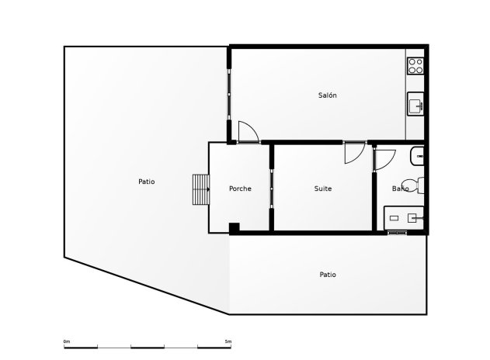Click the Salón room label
(327, 95)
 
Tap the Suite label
(323, 189)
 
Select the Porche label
(240, 189)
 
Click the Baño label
(401, 189)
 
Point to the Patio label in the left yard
(146, 182)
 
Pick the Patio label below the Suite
(328, 274)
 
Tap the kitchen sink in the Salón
(415, 103)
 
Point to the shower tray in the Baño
(405, 218)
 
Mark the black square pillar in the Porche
(234, 227)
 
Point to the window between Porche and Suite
(271, 189)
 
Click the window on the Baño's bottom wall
(397, 232)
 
